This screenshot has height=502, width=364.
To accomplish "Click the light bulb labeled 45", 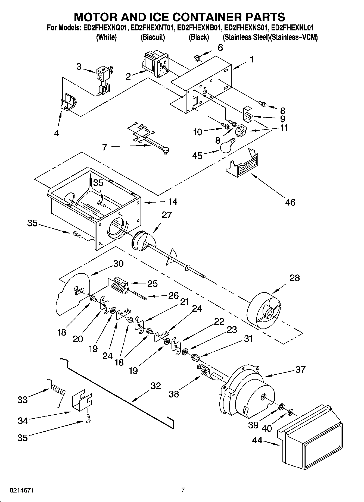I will [227, 147].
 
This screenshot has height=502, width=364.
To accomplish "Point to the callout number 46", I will [290, 202].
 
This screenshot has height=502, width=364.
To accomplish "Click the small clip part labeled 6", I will [198, 58].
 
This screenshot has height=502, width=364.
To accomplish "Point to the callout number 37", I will [300, 369].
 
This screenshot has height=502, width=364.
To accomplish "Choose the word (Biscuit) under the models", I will [153, 37].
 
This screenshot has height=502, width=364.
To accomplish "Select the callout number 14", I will [173, 202].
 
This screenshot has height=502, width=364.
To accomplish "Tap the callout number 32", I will [155, 386].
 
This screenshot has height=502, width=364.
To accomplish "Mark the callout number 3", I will [79, 66].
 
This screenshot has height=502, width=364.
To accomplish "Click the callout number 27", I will [167, 215].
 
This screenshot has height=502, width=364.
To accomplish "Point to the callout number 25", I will [152, 283].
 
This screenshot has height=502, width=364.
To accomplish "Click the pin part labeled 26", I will [140, 295].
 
